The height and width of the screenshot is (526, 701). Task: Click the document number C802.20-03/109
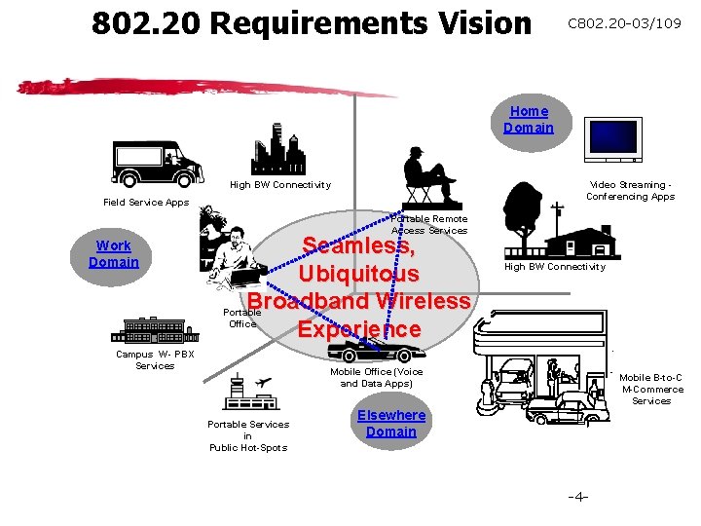625,23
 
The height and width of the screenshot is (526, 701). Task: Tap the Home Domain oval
529,120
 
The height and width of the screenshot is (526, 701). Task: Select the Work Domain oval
114,254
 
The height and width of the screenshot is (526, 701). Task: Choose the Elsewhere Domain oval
391,424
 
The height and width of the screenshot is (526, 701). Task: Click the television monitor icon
612,139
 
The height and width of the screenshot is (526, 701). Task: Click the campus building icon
156,330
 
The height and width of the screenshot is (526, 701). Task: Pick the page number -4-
577,497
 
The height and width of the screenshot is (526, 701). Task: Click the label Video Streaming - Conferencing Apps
630,190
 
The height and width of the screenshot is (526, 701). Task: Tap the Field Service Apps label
146,203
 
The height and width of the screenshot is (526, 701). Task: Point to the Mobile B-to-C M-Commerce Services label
651,389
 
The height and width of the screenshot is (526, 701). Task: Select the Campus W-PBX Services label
155,359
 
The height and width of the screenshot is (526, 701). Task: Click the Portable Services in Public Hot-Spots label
248,435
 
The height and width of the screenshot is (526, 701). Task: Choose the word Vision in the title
472,23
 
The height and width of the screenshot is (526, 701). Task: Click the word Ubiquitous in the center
358,274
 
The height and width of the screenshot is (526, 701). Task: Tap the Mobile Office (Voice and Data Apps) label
377,377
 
